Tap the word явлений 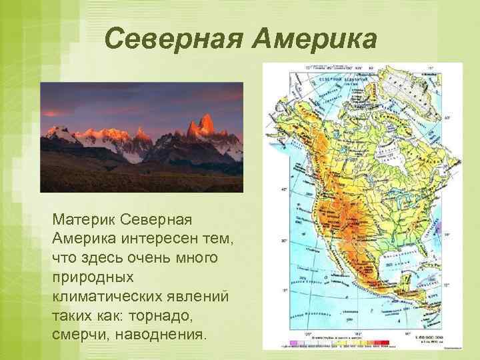tap(198, 294)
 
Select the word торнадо tap(169, 313)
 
